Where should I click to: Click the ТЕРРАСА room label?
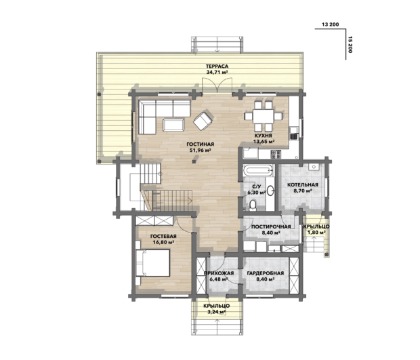pos(217,66)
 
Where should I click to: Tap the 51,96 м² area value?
pos(200,151)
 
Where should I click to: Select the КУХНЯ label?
pos(264,136)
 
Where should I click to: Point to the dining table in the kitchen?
pos(264,116)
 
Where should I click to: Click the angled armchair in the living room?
pos(203,120)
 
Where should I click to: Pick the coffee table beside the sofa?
pos(173,125)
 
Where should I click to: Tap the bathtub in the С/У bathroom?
pos(258,170)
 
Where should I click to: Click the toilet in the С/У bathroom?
pos(253,205)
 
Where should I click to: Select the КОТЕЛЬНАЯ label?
pos(303,184)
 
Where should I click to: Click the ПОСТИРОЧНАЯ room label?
pos(271,226)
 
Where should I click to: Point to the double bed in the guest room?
pos(153,263)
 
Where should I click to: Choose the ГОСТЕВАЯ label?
pos(163,237)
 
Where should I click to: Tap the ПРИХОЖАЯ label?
pos(219,273)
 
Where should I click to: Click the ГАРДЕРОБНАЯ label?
pos(265,273)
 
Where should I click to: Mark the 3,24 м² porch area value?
pos(216,312)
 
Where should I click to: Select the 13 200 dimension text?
pos(331,24)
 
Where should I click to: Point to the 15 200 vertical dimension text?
pos(350,44)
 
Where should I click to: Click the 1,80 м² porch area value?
pos(316,233)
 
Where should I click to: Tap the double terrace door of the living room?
pos(217,85)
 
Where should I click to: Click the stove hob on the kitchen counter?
pos(276,154)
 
